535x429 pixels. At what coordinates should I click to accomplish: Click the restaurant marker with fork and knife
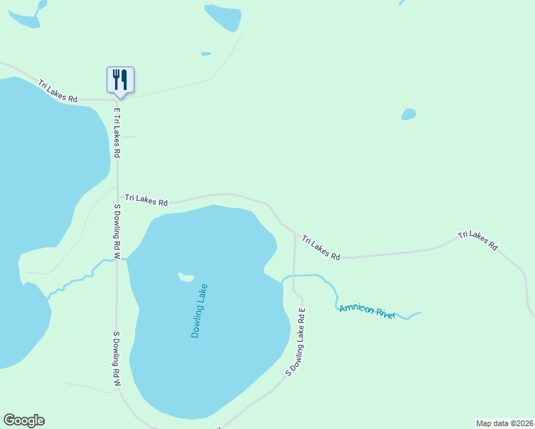120,80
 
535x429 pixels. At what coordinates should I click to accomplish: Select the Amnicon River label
367,310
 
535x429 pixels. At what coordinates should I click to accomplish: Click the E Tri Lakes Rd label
117,133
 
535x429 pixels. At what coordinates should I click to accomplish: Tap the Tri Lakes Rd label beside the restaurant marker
58,91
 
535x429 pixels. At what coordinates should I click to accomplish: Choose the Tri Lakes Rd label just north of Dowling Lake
146,199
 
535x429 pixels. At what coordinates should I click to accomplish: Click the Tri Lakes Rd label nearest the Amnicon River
320,247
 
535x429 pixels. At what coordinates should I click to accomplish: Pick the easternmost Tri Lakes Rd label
478,240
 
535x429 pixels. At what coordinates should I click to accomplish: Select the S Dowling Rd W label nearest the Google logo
116,359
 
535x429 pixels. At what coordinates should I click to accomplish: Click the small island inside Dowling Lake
186,277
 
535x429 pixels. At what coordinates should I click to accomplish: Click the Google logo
24,420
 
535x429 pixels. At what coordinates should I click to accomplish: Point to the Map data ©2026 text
504,423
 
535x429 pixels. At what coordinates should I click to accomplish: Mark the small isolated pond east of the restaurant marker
206,54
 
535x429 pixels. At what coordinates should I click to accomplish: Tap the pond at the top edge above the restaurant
222,16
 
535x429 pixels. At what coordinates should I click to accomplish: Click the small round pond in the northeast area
408,114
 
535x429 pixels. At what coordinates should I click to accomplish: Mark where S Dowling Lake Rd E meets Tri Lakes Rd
295,233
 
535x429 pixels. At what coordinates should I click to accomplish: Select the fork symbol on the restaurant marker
116,78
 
